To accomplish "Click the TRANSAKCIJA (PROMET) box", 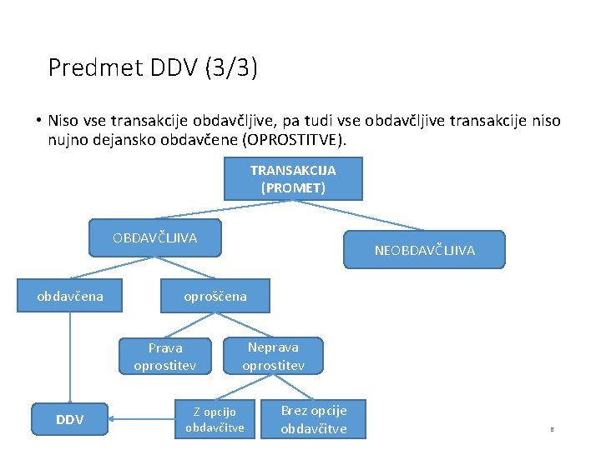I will pos(293,179).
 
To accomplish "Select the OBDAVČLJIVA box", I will pos(155,238).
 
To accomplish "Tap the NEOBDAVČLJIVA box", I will pos(424,249).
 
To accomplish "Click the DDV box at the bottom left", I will pos(69,419).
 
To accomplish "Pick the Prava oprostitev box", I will pos(164,357).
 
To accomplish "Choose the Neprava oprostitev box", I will pos(273,356).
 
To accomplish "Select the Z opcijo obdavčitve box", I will pos(215,419).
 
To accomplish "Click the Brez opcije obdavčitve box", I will pos(313,419).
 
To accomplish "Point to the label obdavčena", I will pos(70,296).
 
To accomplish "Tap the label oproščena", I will pos(215,296).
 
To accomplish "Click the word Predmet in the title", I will pos(84,67).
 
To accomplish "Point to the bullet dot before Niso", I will pos(38,120).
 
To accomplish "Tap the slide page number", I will pos(551,430).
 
